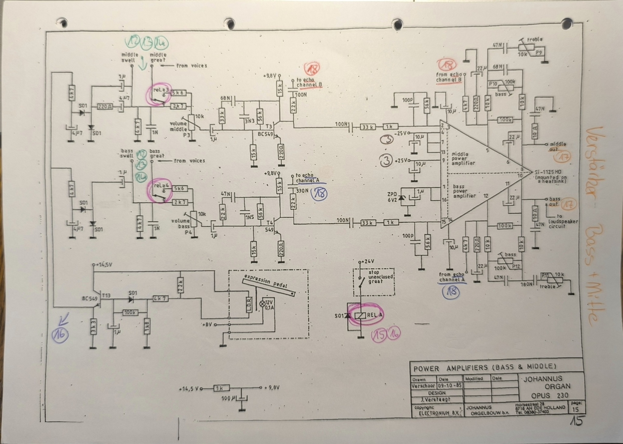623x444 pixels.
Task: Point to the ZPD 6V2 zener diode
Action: coord(402,198)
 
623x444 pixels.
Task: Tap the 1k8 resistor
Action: coord(147,330)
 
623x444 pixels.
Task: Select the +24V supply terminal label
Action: coord(367,261)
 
